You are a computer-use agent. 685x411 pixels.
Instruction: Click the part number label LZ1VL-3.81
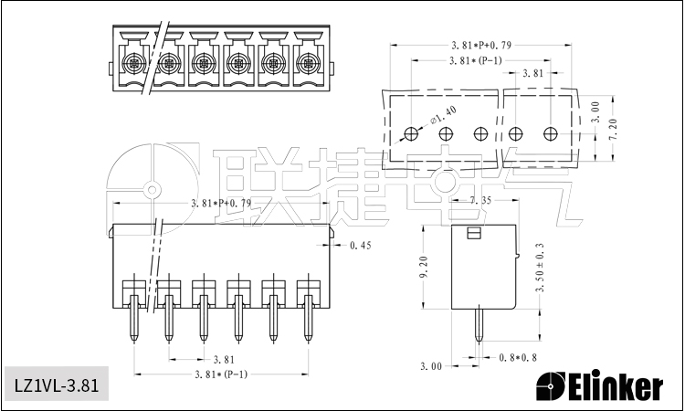tap(56, 385)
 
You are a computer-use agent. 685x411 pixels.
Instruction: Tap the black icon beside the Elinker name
tap(551, 387)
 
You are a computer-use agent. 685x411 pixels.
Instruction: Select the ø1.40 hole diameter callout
tap(443, 117)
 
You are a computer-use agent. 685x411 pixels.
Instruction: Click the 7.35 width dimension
tap(480, 200)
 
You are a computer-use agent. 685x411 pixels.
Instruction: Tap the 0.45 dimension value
tap(361, 245)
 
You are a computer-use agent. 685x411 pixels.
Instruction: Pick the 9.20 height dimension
tap(423, 267)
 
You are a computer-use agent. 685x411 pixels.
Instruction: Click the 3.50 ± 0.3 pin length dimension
tap(541, 267)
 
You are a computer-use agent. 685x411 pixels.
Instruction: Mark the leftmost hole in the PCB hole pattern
tap(412, 134)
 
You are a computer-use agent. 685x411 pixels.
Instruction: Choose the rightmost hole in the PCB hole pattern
tap(550, 134)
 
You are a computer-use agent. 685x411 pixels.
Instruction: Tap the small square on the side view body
tap(472, 235)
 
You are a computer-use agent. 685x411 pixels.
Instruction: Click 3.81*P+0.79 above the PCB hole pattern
tap(480, 45)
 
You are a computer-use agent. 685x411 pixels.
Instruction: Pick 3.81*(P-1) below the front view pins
tap(219, 374)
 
